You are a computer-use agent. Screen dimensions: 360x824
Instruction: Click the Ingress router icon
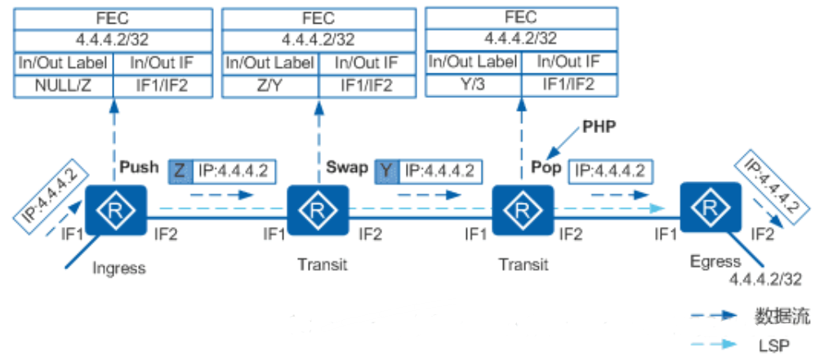(x=115, y=211)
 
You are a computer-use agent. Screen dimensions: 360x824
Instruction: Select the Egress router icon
(x=709, y=211)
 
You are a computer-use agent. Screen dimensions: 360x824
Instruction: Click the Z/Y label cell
(x=270, y=84)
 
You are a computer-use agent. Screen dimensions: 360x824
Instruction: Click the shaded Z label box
(x=180, y=171)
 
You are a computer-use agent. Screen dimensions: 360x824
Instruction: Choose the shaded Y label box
(x=387, y=171)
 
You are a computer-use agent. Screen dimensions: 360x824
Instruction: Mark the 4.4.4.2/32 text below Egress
(x=765, y=278)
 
